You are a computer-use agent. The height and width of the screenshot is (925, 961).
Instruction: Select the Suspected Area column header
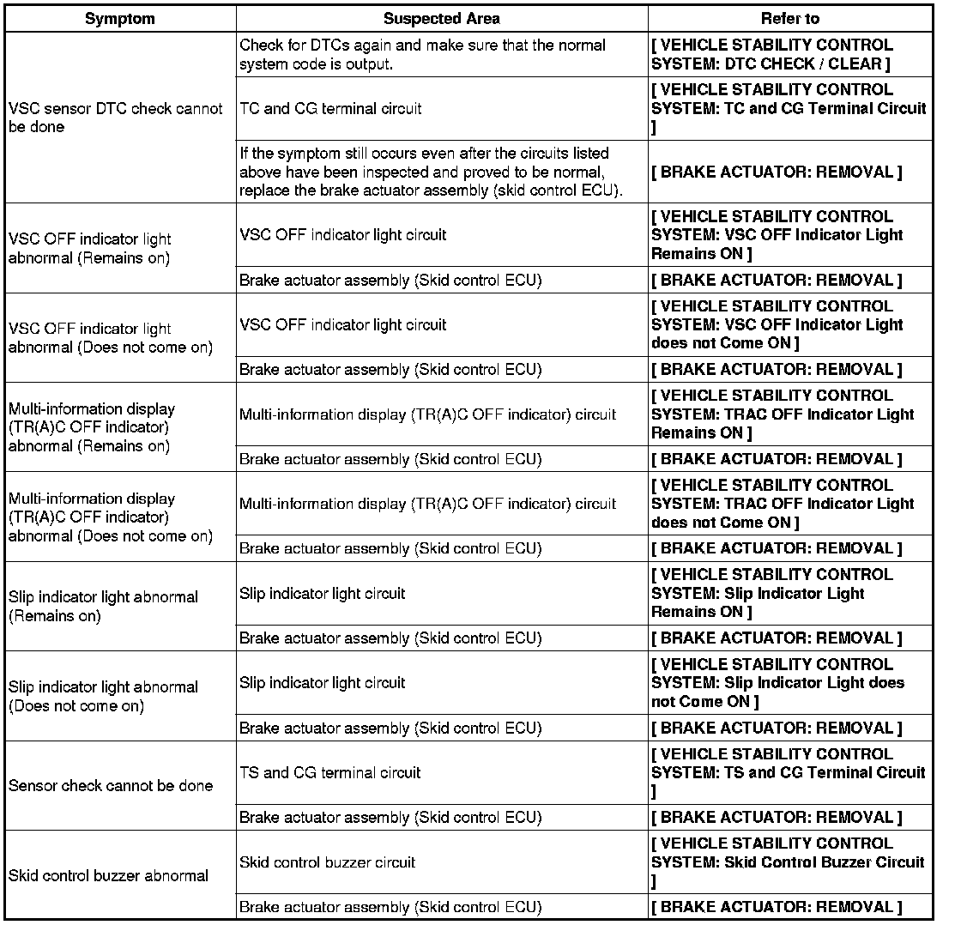[441, 19]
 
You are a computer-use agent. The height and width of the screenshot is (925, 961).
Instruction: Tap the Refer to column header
[789, 19]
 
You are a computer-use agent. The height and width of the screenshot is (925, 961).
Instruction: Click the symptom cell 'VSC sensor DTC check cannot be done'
[116, 118]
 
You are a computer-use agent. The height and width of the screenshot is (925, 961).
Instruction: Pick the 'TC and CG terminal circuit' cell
[330, 109]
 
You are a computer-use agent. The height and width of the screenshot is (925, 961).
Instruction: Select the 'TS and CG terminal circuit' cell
[330, 773]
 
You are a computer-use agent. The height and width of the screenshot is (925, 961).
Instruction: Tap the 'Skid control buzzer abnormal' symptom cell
[109, 875]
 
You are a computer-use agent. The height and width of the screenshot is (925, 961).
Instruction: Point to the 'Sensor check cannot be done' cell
[111, 785]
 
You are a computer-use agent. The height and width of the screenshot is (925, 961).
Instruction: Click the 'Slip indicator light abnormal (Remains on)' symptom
[103, 606]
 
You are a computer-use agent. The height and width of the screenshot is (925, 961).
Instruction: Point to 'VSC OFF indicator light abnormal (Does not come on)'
[111, 338]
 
